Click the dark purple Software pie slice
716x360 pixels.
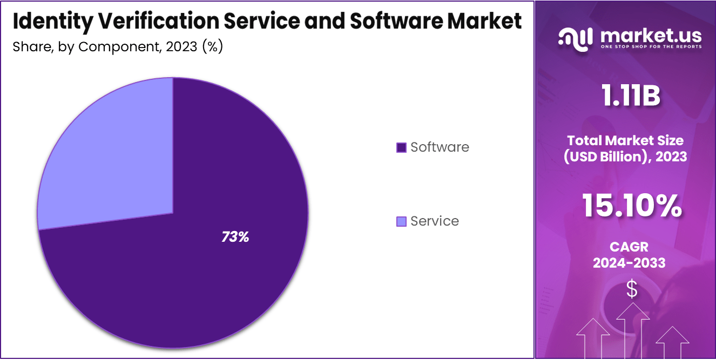[x=205, y=270]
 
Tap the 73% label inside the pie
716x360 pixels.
[x=235, y=236]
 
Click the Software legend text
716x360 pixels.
[x=440, y=147]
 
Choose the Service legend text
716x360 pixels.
[x=435, y=221]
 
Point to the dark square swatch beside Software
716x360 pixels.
[x=401, y=147]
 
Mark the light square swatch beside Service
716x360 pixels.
[x=401, y=221]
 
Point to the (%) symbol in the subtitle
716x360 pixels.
[x=212, y=46]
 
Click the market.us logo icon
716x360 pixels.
[x=576, y=39]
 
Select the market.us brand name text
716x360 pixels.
[x=651, y=36]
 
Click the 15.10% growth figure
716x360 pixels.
[x=631, y=206]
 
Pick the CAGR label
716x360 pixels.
[x=629, y=247]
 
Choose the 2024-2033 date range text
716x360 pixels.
[x=629, y=263]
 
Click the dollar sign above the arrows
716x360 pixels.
[x=631, y=289]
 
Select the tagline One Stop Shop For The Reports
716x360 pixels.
[x=651, y=47]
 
